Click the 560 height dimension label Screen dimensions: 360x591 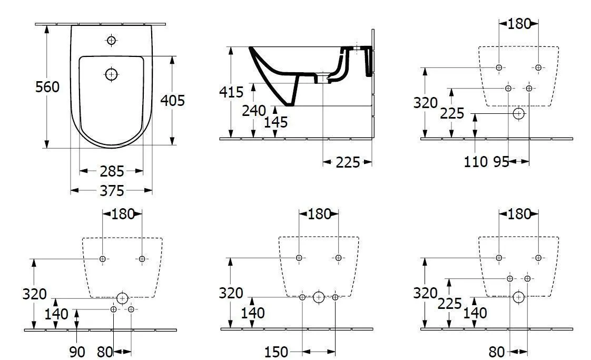click(47, 87)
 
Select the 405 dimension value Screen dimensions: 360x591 click(173, 100)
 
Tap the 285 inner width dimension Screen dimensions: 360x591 click(112, 171)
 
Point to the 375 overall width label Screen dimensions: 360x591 click(112, 190)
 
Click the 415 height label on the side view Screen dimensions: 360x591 click(231, 92)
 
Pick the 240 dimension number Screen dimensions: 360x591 click(254, 110)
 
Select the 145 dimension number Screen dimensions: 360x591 click(276, 122)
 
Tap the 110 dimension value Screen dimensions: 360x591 click(476, 162)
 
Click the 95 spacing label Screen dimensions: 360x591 click(501, 162)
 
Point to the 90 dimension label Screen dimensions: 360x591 click(77, 352)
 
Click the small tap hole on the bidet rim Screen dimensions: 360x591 click(111, 40)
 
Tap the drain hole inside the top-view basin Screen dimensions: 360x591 click(111, 74)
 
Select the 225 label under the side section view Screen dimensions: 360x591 click(348, 162)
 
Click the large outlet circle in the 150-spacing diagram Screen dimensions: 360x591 click(319, 297)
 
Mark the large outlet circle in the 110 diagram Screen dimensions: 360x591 click(519, 113)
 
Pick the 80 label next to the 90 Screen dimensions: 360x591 click(105, 352)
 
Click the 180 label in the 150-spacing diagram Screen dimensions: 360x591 click(319, 214)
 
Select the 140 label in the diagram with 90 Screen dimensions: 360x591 click(56, 314)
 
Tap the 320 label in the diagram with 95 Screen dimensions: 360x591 click(426, 103)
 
